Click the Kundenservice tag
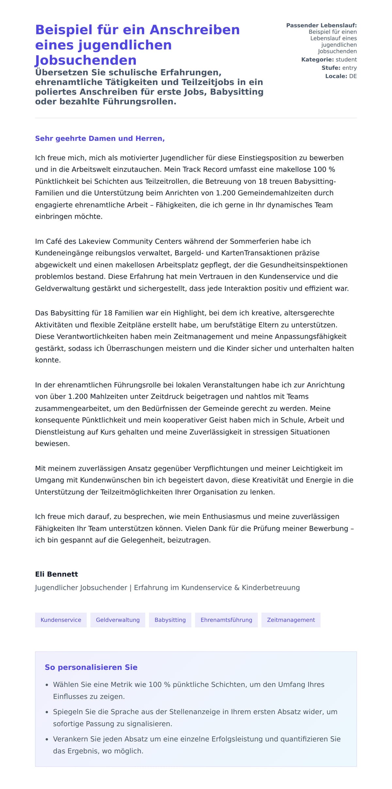pos(61,620)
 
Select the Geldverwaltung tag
pos(118,620)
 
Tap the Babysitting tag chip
pos(170,620)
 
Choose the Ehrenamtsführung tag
pos(226,620)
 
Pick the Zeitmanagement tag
pos(291,620)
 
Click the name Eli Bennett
pos(57,574)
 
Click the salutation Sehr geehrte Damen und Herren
pos(100,138)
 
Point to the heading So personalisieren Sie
pos(91,667)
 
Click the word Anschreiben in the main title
pos(194,30)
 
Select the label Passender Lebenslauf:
pos(321,25)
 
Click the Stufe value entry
pos(349,68)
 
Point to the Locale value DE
pos(353,76)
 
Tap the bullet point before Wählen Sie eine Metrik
pos(47,685)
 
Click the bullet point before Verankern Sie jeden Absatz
pos(47,739)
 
